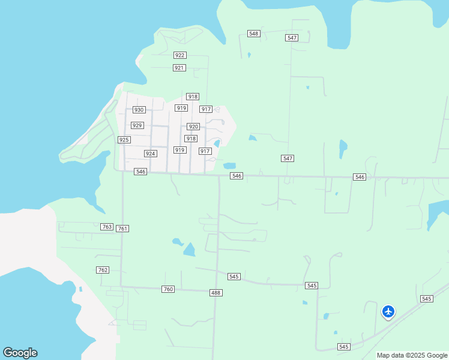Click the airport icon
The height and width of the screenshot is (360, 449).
388,311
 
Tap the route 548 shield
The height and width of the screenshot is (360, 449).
253,34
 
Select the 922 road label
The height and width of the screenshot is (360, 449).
179,55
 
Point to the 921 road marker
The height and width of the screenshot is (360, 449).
179,68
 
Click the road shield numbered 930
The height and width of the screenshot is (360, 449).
139,110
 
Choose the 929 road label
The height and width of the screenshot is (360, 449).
137,125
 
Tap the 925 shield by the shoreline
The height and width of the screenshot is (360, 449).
124,140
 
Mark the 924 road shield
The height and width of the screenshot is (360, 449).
150,154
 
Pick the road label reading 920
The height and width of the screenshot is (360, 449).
193,127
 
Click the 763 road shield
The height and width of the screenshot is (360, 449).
107,227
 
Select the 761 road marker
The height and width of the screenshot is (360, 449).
122,229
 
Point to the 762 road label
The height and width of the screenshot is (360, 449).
103,270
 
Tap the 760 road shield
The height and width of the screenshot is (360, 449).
168,289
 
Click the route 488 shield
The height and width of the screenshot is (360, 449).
215,293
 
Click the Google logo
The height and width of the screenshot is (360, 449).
20,353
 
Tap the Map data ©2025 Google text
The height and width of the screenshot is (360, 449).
412,355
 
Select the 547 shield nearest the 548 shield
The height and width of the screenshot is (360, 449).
292,38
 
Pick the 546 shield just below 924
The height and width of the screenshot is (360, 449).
140,172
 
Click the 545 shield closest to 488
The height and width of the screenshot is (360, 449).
234,277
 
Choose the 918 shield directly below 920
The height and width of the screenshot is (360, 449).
191,139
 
